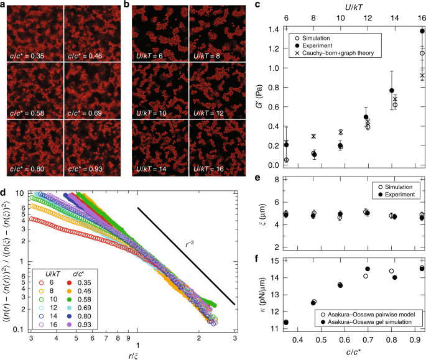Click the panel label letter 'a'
tap(4, 6)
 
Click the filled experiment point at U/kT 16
tap(422, 31)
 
